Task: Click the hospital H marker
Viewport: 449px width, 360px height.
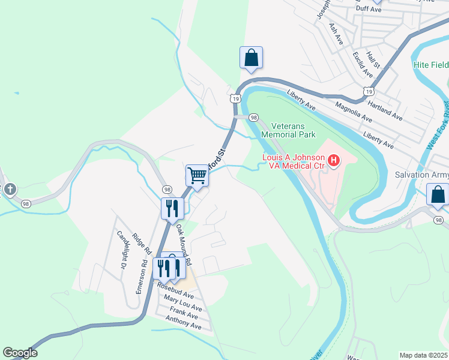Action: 333,161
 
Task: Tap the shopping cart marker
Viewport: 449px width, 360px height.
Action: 196,176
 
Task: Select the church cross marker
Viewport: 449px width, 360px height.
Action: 10,190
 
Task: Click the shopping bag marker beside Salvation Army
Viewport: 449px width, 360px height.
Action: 437,195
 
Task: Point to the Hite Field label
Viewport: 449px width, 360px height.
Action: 430,64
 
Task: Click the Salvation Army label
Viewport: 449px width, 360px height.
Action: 421,175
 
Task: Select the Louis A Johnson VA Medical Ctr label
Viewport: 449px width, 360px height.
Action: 294,161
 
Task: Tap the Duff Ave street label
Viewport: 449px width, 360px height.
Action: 369,9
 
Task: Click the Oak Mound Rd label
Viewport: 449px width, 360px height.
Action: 183,246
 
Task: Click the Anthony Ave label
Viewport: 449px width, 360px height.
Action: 184,323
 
